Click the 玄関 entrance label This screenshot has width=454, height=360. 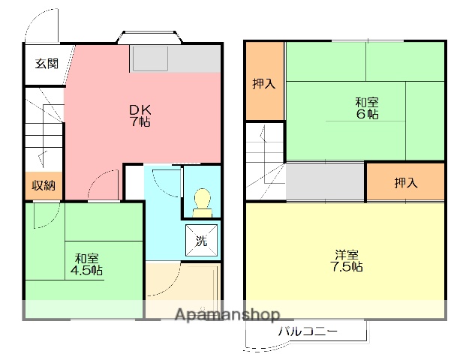click(47, 64)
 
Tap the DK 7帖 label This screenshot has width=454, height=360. click(140, 115)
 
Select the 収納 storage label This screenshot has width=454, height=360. click(44, 185)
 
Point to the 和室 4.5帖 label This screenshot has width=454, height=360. click(86, 264)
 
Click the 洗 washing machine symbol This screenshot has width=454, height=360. click(202, 240)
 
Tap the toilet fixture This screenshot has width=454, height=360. click(203, 202)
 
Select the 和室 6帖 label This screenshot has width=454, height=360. click(367, 108)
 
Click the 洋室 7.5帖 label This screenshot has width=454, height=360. click(347, 260)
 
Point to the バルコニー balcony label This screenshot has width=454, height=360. click(308, 331)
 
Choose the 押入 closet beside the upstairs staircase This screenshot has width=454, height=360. click(265, 81)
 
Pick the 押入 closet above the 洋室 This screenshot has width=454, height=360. click(405, 182)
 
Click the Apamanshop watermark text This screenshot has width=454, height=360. click(227, 314)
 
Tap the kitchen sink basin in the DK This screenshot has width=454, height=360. click(150, 58)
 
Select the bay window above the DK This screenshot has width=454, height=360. click(149, 37)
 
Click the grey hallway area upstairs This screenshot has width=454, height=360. click(325, 181)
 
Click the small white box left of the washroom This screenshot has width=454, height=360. click(134, 182)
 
